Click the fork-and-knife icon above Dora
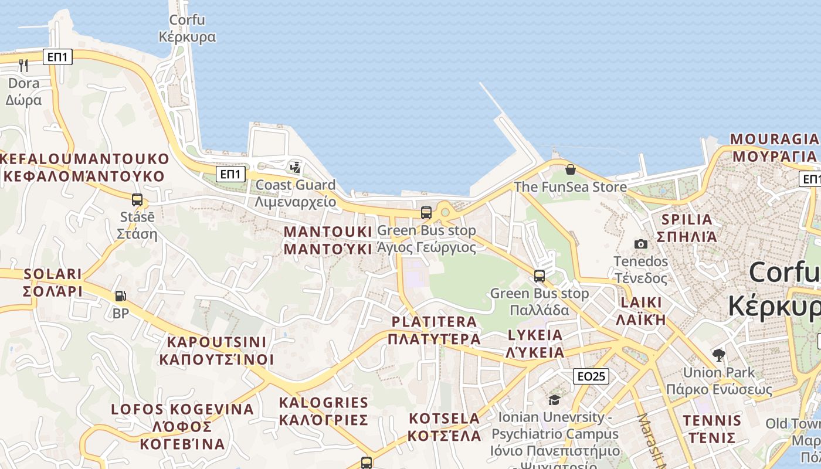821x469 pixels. (x=23, y=65)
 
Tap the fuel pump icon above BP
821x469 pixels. (x=120, y=297)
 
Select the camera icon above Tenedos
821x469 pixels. (x=641, y=244)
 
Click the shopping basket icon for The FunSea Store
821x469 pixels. (x=570, y=170)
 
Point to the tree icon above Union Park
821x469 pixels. (x=718, y=355)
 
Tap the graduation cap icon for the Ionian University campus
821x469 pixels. (x=554, y=400)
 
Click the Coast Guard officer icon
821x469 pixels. (x=296, y=168)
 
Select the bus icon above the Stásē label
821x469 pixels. (x=137, y=200)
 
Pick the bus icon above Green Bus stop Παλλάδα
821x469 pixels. (x=540, y=276)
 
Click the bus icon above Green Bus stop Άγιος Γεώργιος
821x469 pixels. (x=426, y=213)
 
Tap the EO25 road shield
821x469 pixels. (x=591, y=376)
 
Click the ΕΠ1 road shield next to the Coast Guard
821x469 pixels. (x=231, y=174)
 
